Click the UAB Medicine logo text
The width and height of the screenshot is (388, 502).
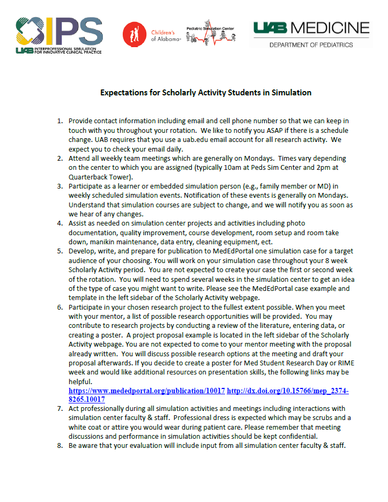pos(311,28)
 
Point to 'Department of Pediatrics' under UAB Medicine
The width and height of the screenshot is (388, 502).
pos(311,45)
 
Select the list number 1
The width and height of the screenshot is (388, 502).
pos(60,121)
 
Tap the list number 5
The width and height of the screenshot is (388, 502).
pos(60,250)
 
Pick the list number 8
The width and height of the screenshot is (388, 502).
pos(60,445)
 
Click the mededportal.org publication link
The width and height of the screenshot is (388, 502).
pos(147,391)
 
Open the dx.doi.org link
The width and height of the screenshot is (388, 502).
pos(288,391)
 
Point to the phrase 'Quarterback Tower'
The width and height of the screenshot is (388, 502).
pos(100,177)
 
